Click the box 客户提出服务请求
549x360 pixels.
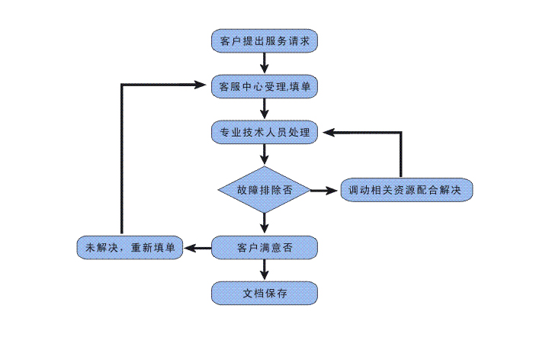coord(264,40)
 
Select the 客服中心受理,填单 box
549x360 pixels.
coord(264,86)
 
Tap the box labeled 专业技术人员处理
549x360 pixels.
coord(264,132)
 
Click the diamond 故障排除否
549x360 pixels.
coord(264,188)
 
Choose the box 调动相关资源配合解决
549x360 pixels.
coord(406,188)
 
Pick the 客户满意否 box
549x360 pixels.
coord(264,248)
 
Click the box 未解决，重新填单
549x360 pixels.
coord(130,248)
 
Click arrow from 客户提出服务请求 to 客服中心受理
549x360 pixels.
coord(264,63)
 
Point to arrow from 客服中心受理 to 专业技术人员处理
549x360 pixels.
coord(264,109)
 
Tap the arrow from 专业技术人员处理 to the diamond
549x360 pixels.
coord(264,155)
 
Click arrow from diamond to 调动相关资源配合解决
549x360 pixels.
coord(325,188)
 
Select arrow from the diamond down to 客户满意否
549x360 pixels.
coord(264,222)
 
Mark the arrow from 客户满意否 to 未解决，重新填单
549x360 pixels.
coord(197,248)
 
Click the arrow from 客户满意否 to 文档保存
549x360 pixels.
coord(264,270)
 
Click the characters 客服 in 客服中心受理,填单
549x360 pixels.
coord(230,87)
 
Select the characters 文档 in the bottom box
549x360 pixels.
coord(252,293)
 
